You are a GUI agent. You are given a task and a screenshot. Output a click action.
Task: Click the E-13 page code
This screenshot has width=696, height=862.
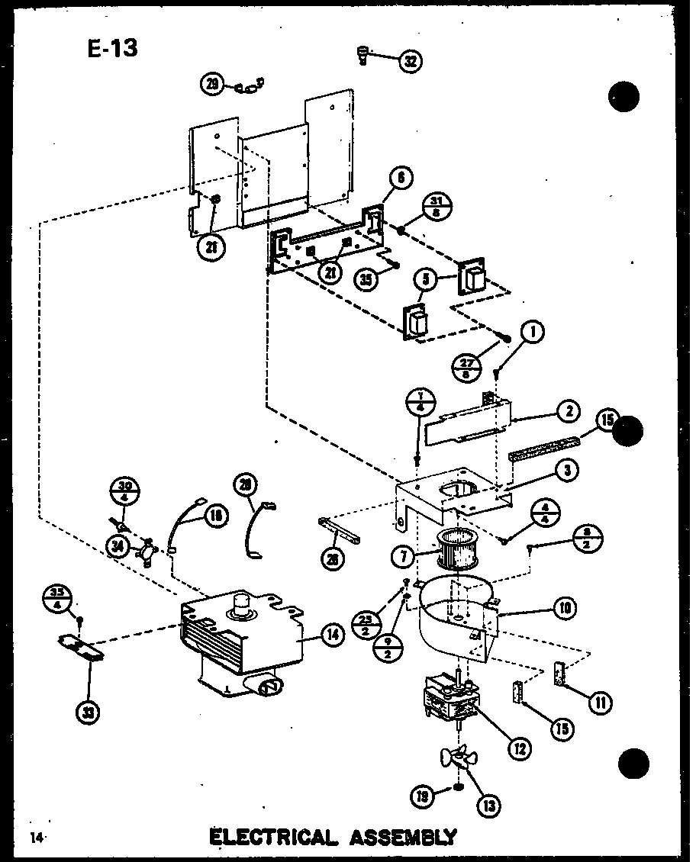click(111, 48)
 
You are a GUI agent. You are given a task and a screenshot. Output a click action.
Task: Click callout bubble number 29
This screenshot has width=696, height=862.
click(212, 85)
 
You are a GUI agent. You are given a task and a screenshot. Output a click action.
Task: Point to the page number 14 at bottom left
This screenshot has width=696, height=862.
click(36, 837)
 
